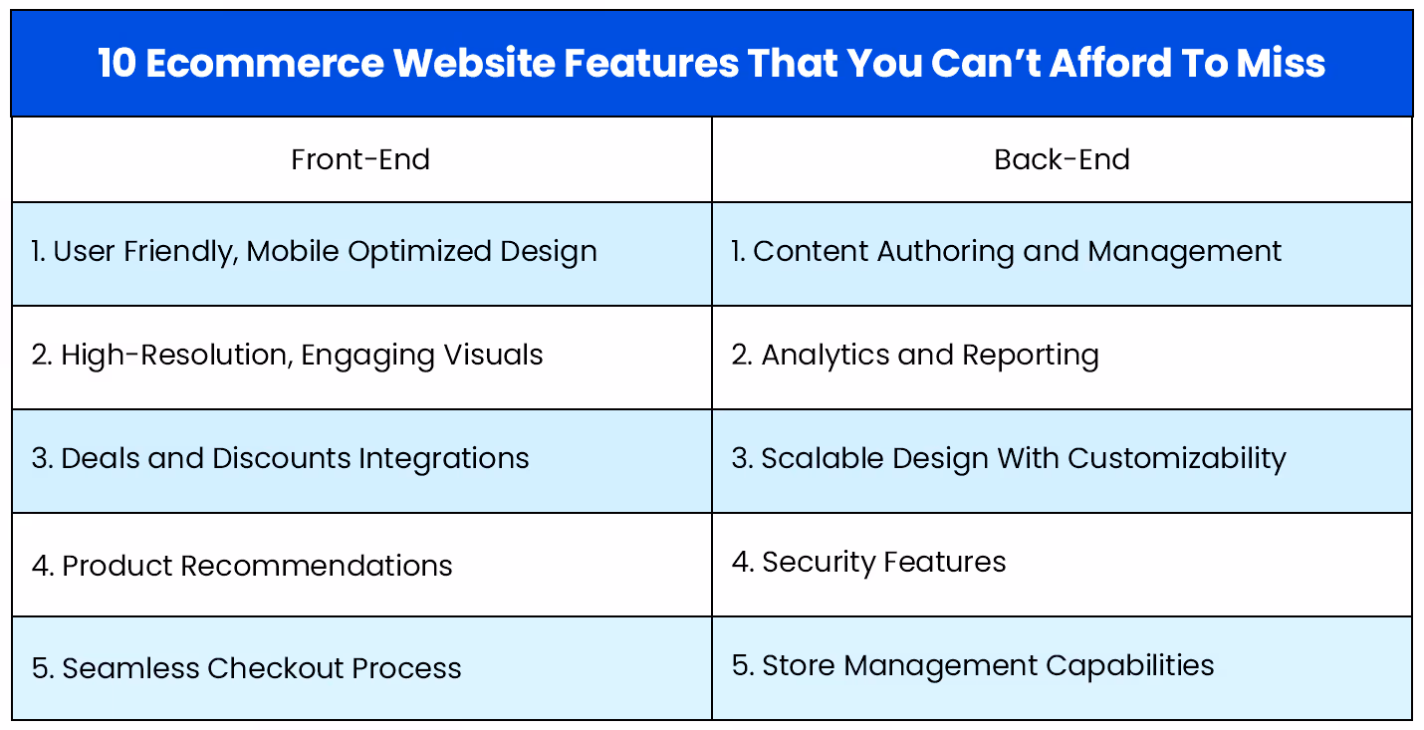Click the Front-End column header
pyautogui.click(x=360, y=159)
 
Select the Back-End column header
pyautogui.click(x=1062, y=159)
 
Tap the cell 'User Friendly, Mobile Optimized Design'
pyautogui.click(x=315, y=252)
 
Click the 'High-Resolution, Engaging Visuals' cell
pyautogui.click(x=288, y=356)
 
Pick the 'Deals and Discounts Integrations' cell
pyautogui.click(x=281, y=459)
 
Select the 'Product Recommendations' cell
pyautogui.click(x=242, y=566)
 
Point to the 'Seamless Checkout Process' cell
pyautogui.click(x=247, y=668)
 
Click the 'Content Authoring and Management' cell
pyautogui.click(x=1007, y=252)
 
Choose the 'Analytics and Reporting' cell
pyautogui.click(x=915, y=356)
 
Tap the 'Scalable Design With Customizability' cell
pyautogui.click(x=1009, y=459)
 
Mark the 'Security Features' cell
pyautogui.click(x=869, y=563)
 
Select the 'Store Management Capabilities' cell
pyautogui.click(x=973, y=665)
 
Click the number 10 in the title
pyautogui.click(x=118, y=64)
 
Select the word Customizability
pyautogui.click(x=1177, y=459)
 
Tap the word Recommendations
pyautogui.click(x=317, y=566)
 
